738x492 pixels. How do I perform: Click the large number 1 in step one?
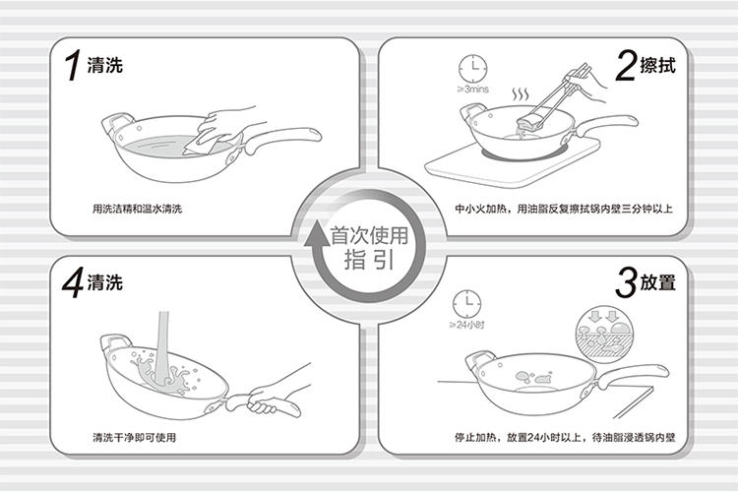click(73, 65)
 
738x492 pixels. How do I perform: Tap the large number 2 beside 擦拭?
click(626, 66)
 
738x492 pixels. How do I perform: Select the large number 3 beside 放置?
click(626, 282)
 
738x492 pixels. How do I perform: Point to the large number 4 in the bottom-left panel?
click(74, 282)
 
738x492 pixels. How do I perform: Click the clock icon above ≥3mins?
click(473, 69)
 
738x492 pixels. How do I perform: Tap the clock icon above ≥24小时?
click(466, 304)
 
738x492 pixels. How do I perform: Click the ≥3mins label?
click(473, 90)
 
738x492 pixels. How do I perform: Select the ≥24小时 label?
click(466, 325)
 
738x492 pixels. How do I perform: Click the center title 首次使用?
click(369, 235)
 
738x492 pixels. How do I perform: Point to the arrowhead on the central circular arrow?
click(316, 233)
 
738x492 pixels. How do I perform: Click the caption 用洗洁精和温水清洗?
click(137, 209)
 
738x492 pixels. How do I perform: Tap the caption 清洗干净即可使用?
click(134, 437)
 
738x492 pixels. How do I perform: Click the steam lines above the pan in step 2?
click(521, 93)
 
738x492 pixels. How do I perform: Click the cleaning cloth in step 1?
click(204, 142)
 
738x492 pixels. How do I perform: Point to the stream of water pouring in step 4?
click(162, 348)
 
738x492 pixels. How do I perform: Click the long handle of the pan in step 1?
click(281, 138)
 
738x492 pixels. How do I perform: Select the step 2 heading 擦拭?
click(658, 66)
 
